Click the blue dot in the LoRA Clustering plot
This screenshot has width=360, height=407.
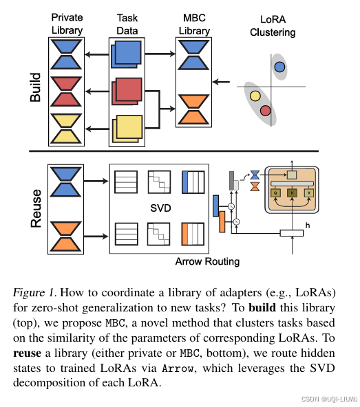coord(279,67)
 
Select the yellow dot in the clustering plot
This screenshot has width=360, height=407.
coord(255,96)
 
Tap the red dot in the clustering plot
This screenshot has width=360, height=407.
coord(266,111)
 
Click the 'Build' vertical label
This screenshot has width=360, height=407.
coord(35,87)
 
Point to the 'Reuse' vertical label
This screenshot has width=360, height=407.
coord(36,209)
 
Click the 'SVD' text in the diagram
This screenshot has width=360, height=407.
coord(160,208)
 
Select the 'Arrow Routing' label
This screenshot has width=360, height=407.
coord(207,262)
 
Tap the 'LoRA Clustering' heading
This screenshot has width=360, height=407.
coord(273,26)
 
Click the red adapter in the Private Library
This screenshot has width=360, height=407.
coord(66,91)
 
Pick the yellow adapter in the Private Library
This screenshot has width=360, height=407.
coord(66,129)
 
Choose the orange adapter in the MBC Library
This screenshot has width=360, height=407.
coord(193,109)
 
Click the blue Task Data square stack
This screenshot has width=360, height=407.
coord(127,54)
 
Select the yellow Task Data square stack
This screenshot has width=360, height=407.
coord(127,129)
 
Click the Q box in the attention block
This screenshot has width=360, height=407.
coord(275,193)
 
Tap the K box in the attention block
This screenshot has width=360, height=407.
coord(292,193)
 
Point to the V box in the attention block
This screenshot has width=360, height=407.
coord(309,193)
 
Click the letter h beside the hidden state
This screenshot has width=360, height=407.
coord(308,225)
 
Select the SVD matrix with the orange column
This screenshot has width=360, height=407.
coord(193,234)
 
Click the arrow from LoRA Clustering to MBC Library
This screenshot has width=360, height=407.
coord(221,82)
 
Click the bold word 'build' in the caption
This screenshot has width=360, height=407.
coord(262,307)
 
